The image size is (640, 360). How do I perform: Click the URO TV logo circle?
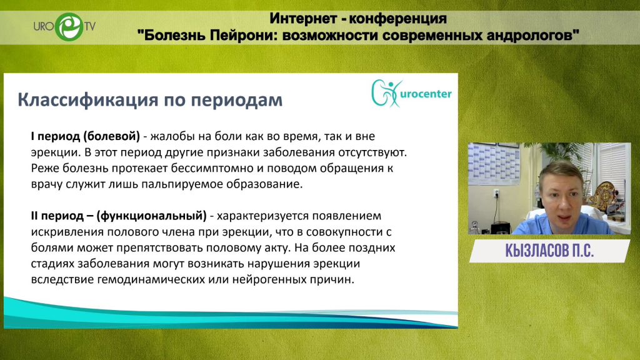coord(69,27)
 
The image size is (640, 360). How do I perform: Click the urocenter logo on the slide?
coord(411,94)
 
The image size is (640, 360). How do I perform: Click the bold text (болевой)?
coord(111,136)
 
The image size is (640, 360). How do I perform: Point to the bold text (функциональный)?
coord(151,216)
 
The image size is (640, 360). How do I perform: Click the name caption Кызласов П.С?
coord(549,251)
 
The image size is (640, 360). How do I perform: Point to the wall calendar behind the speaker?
coord(494,164)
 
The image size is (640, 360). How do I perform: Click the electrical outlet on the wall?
coord(497,194)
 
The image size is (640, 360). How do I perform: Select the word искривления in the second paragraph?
coord(67,232)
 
